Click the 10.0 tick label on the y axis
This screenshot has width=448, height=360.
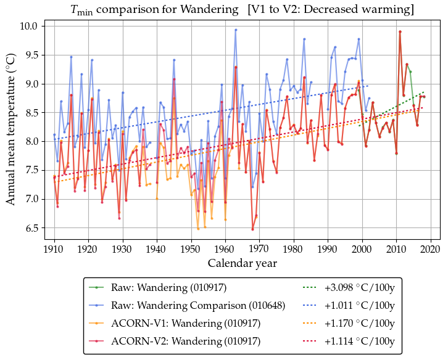[28, 27]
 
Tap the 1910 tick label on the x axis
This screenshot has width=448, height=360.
[54, 249]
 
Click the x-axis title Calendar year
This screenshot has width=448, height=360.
[242, 263]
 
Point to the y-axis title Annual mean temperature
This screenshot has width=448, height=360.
[10, 133]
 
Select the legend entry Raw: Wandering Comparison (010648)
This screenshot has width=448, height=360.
[197, 305]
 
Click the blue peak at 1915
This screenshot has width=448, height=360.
[71, 57]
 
